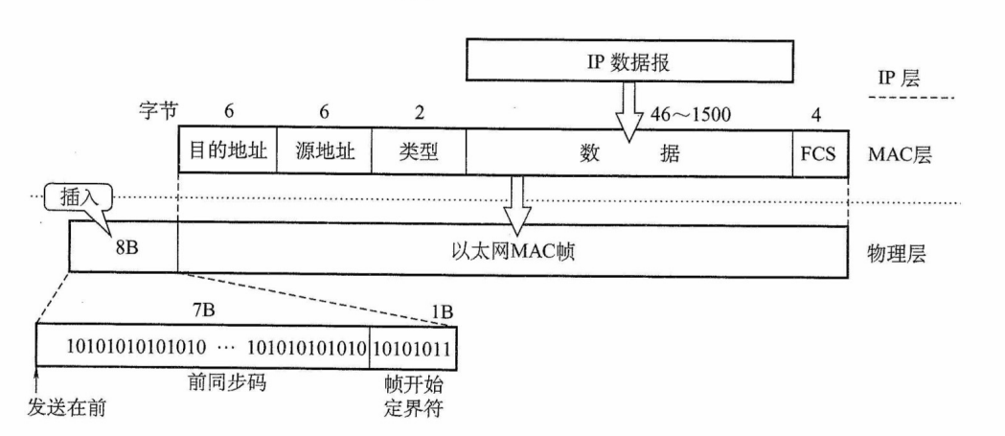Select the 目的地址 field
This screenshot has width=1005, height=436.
pyautogui.click(x=228, y=151)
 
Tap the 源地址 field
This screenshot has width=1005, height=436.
pyautogui.click(x=324, y=151)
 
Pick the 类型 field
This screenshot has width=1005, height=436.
pyautogui.click(x=418, y=151)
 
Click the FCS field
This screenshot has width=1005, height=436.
pyautogui.click(x=819, y=151)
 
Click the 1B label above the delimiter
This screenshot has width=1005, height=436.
pyautogui.click(x=442, y=312)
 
